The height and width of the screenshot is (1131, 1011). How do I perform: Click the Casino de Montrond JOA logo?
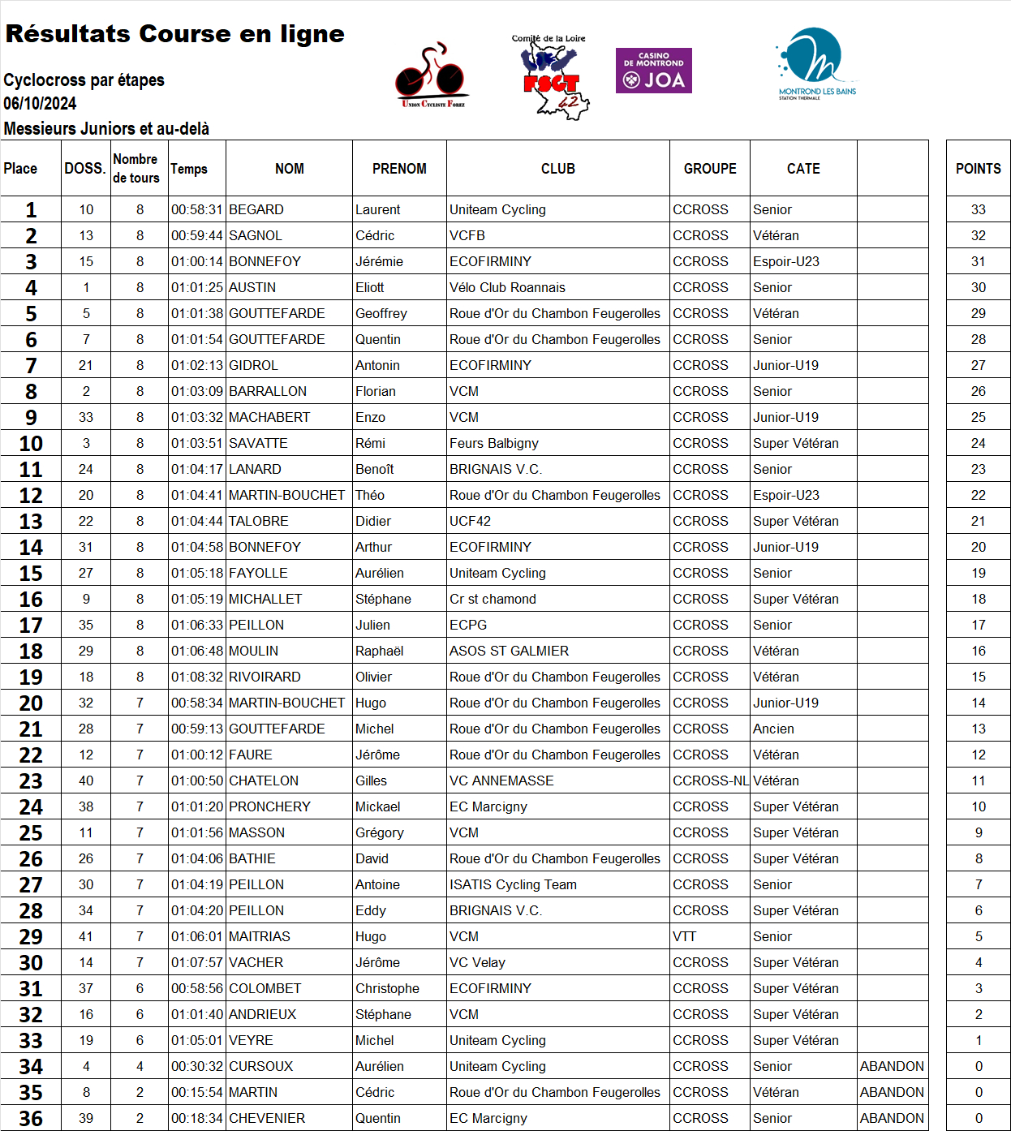653,71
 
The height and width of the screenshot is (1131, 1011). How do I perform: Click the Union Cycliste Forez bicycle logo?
432,75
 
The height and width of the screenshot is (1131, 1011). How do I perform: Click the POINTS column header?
978,169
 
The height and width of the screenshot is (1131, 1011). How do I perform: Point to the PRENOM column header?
399,169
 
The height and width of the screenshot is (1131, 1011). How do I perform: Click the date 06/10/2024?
40,104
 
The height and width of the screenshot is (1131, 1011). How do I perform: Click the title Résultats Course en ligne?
174,34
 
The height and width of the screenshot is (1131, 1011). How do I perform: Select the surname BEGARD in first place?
256,209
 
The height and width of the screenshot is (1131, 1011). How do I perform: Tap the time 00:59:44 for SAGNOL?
196,235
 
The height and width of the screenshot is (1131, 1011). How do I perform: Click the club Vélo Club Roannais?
507,287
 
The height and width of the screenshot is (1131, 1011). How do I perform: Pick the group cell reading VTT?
685,936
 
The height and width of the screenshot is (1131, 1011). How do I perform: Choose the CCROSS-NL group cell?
710,781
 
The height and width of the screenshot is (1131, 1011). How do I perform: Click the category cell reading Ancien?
773,729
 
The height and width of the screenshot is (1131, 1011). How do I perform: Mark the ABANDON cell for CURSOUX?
892,1066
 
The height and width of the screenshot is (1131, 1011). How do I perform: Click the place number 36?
31,1118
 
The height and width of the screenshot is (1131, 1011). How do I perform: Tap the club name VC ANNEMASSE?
501,781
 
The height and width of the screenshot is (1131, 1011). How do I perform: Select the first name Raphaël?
379,651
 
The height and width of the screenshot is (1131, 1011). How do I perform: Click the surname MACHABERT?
269,417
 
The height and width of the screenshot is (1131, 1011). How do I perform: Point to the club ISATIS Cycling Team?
513,884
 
